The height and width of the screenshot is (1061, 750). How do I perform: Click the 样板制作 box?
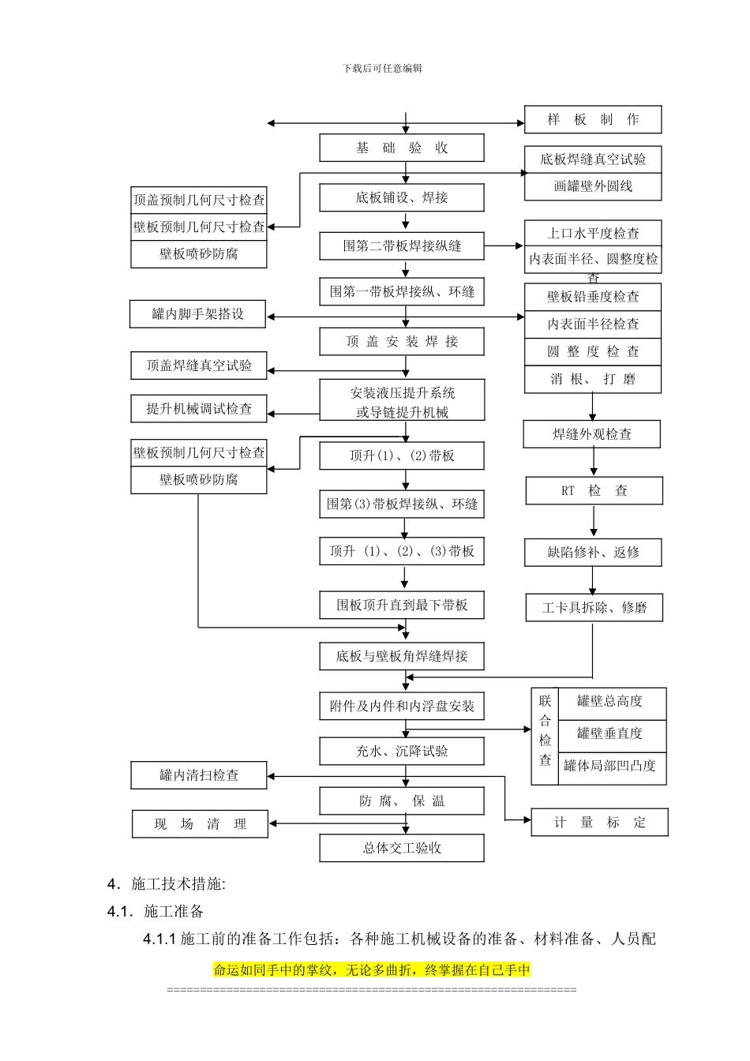tap(593, 120)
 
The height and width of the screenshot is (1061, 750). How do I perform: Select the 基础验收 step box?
tap(401, 148)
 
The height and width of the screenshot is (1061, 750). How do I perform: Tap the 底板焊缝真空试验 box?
tap(593, 159)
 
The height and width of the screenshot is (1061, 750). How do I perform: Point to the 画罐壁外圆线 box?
tap(593, 186)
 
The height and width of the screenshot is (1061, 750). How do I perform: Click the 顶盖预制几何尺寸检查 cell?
tap(199, 201)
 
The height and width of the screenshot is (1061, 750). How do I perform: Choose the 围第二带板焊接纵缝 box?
tap(401, 246)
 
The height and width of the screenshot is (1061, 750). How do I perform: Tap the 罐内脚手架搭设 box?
tap(198, 314)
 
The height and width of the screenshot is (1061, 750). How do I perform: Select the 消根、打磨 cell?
tap(593, 379)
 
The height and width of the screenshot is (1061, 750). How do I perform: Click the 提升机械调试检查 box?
tap(199, 409)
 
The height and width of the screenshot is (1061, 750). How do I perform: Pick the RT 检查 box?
tap(594, 491)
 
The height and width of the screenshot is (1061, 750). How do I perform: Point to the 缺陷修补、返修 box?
tap(594, 553)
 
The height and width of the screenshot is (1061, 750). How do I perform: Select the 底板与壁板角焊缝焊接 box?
tap(401, 656)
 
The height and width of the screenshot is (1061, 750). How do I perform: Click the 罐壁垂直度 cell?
tap(609, 733)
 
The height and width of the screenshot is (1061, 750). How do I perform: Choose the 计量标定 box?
tap(599, 823)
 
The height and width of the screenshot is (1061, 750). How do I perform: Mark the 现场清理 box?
tap(200, 824)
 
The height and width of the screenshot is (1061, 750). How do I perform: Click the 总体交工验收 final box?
tap(401, 849)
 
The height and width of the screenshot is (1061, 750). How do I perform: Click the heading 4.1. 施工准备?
tap(156, 912)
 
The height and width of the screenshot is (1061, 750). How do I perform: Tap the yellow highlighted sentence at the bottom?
tap(371, 969)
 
